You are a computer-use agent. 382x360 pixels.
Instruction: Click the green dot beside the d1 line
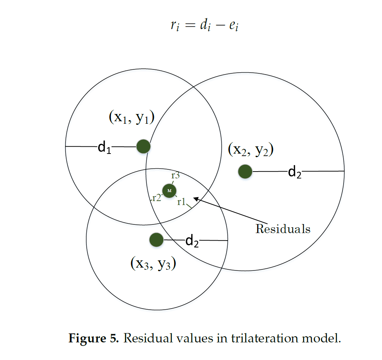[x=144, y=146]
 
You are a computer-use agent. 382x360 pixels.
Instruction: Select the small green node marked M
[x=169, y=191]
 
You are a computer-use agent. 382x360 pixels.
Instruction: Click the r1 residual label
[x=181, y=202]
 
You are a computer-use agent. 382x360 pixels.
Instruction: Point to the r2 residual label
[x=156, y=197]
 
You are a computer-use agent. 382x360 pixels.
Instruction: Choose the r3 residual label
[x=176, y=176]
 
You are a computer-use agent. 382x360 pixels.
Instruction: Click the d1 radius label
[x=104, y=147]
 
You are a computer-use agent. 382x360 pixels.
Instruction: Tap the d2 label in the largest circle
[x=295, y=173]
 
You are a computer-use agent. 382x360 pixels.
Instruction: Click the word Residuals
[x=283, y=229]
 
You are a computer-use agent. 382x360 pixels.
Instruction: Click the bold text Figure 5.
[x=94, y=338]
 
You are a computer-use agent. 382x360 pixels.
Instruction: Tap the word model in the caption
[x=321, y=338]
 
